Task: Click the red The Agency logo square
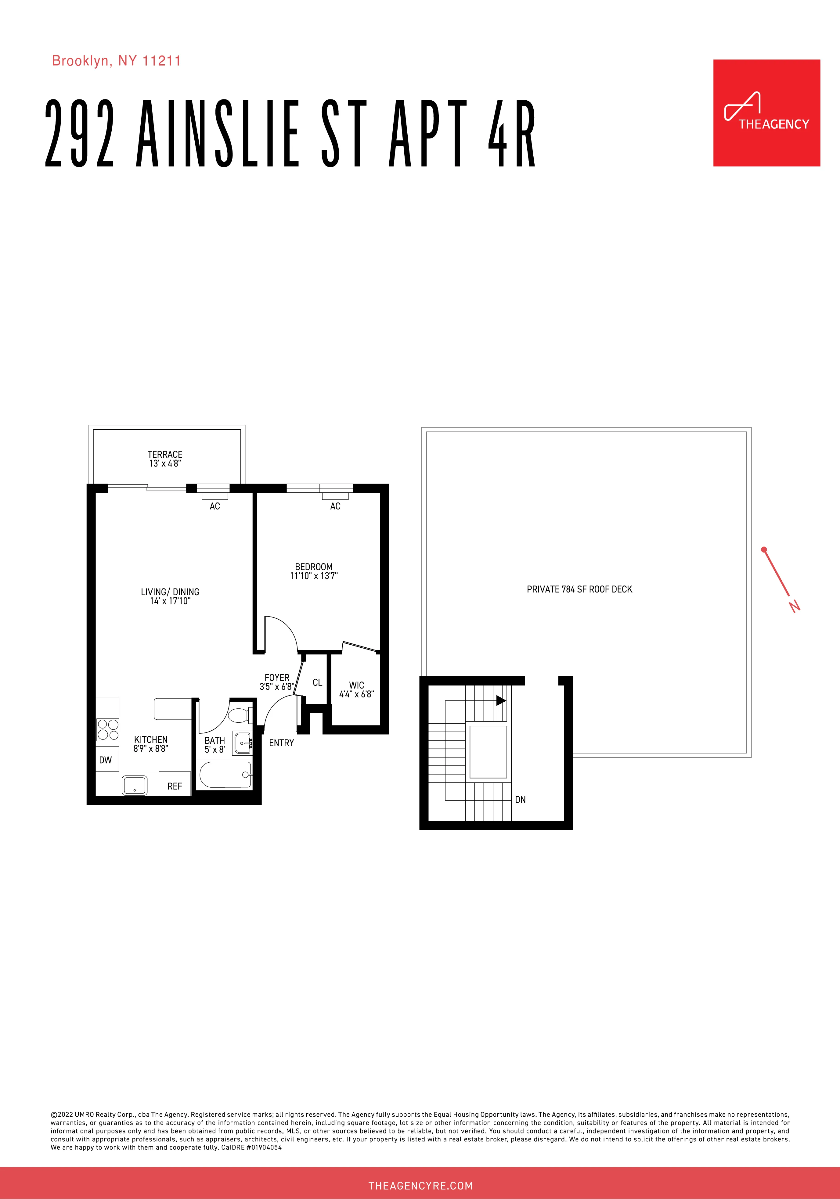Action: click(x=766, y=113)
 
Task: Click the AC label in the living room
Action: click(x=215, y=506)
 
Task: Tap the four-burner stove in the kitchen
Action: click(x=108, y=729)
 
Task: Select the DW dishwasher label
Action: click(x=106, y=760)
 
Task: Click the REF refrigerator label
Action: click(x=175, y=786)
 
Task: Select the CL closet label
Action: click(x=317, y=682)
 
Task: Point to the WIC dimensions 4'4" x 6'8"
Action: click(x=356, y=694)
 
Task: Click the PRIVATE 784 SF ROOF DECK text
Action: click(x=579, y=589)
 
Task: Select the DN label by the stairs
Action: click(x=520, y=800)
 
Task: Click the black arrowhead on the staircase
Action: click(x=500, y=700)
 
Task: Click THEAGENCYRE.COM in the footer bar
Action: click(x=420, y=1185)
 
